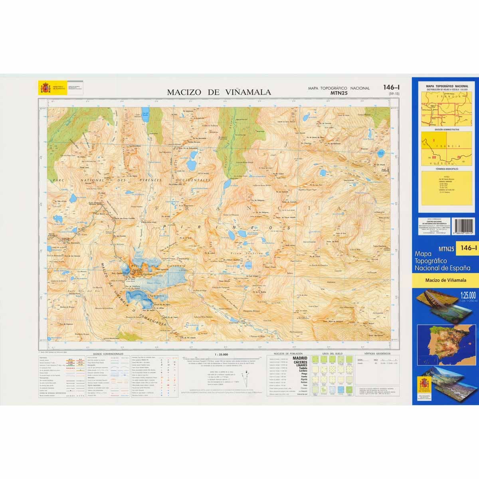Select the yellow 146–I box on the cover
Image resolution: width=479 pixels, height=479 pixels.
pyautogui.click(x=468, y=249)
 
